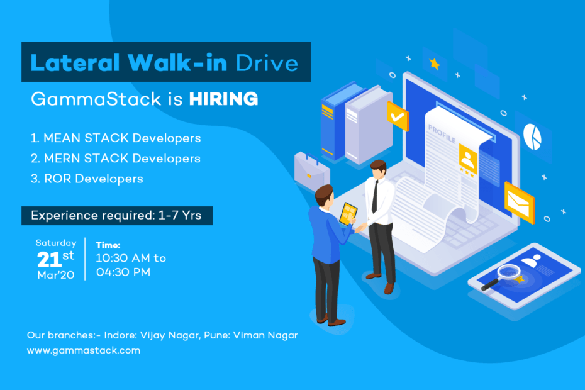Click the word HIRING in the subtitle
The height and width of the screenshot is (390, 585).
[x=223, y=99]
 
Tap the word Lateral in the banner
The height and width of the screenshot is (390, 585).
[x=75, y=62]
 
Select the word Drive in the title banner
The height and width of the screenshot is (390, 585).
[x=267, y=63]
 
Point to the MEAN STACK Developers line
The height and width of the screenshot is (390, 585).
[x=116, y=138]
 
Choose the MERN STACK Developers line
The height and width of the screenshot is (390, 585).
[x=116, y=159]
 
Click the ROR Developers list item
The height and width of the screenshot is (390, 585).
[x=87, y=179]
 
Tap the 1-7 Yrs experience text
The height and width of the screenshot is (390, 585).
[x=180, y=215]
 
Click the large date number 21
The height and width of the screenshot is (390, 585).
[x=48, y=260]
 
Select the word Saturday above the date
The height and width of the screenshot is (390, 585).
[x=56, y=243]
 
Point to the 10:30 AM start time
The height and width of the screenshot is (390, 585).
[x=123, y=258]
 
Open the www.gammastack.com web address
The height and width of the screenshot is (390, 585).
[x=84, y=350]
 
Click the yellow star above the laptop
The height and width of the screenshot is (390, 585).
[x=435, y=64]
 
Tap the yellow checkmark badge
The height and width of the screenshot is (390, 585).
[x=398, y=116]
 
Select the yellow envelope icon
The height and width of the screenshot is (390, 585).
[x=520, y=203]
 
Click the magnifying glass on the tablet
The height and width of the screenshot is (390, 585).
[x=501, y=277]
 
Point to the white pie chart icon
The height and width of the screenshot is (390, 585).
[x=532, y=136]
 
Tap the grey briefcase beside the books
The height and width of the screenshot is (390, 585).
[x=312, y=171]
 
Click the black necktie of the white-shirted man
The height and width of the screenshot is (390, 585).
[x=374, y=197]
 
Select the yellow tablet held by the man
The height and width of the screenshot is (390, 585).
[x=348, y=214]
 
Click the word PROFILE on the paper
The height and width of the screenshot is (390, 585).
[x=442, y=133]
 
